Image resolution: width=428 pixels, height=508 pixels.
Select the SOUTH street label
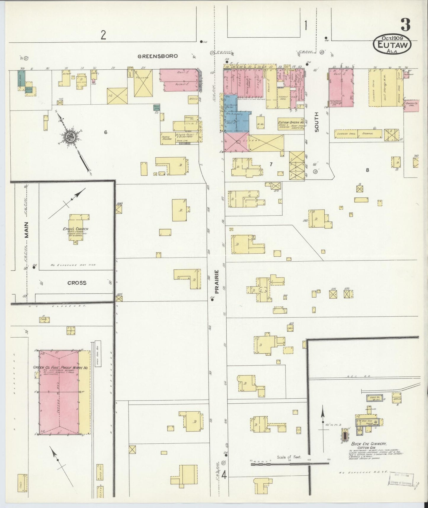pyautogui.click(x=317, y=122)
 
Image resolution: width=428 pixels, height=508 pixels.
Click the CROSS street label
pyautogui.click(x=77, y=283)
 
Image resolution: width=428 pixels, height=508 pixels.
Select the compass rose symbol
pyautogui.click(x=71, y=136)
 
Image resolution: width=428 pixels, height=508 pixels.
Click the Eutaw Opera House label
pyautogui.click(x=291, y=122)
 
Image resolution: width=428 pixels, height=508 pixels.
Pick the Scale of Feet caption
pyautogui.click(x=289, y=465)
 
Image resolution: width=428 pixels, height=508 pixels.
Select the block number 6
pyautogui.click(x=105, y=132)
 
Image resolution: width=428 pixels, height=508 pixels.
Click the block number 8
pyautogui.click(x=367, y=170)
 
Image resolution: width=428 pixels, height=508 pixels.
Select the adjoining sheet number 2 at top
pyautogui.click(x=103, y=35)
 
